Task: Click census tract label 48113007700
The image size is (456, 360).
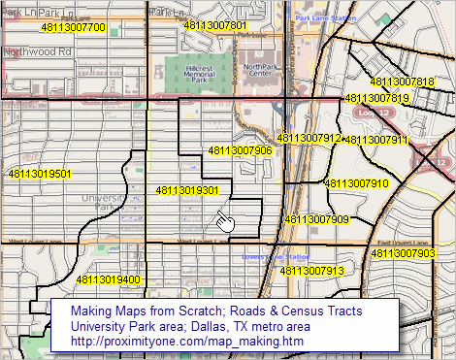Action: tap(73, 28)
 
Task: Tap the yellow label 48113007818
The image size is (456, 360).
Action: tap(402, 82)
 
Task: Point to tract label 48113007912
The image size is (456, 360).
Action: tap(309, 139)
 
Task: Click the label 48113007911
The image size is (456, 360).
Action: tap(377, 141)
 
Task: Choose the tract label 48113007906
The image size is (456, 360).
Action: tap(240, 150)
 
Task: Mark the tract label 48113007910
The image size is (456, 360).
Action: tap(356, 183)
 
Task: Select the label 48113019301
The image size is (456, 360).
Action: tap(187, 191)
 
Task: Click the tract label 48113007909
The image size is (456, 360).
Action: tap(316, 219)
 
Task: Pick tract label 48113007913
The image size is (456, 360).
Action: tap(311, 271)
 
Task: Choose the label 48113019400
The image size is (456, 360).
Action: tap(108, 280)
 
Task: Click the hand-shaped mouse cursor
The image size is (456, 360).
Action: tap(225, 222)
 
